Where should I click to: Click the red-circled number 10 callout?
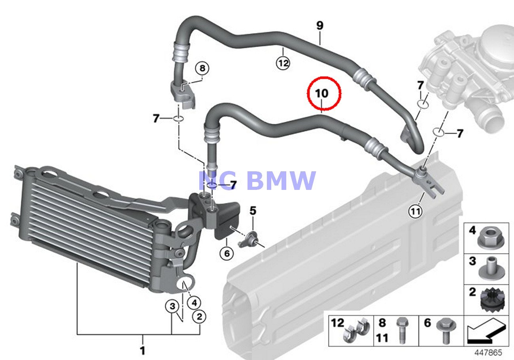click(x=324, y=94)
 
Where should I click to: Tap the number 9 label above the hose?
click(x=320, y=26)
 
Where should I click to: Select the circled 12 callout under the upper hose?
click(x=283, y=63)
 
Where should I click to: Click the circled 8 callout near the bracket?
click(x=202, y=68)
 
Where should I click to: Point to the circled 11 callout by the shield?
click(x=415, y=212)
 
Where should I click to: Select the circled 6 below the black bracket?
click(x=226, y=253)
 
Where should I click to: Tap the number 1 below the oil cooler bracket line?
click(x=143, y=350)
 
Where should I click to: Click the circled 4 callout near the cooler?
click(x=194, y=303)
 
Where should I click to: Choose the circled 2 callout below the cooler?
click(x=199, y=316)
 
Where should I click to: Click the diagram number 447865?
click(x=488, y=352)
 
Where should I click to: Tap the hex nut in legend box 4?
click(x=489, y=238)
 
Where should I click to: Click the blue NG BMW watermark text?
click(x=257, y=180)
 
